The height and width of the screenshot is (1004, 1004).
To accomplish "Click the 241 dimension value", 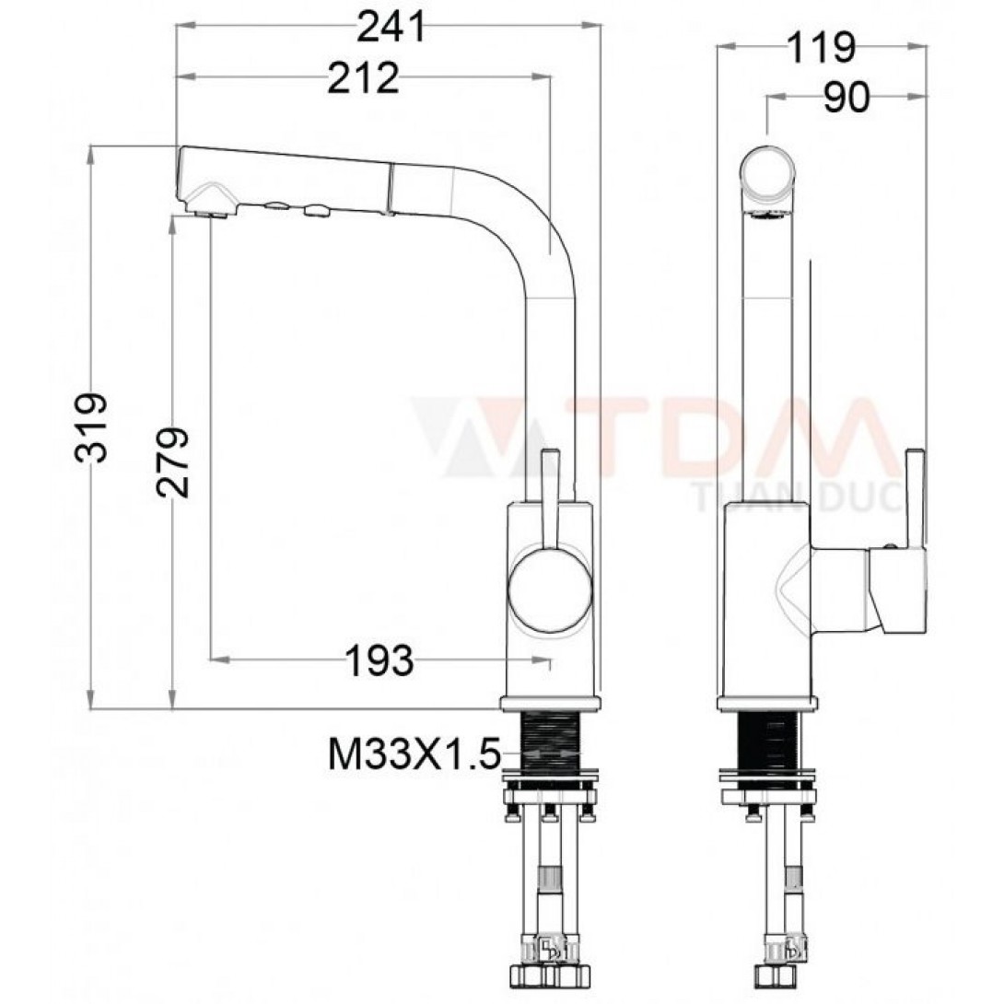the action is tap(391, 27).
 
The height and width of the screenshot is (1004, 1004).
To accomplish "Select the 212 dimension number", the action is tap(363, 78).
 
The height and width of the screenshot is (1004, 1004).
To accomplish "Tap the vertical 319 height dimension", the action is tap(90, 427).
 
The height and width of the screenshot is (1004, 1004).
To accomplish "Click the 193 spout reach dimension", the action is tap(379, 660).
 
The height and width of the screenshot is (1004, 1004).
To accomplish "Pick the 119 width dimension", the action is tap(820, 47).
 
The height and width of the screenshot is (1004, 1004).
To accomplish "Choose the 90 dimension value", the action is tap(846, 98).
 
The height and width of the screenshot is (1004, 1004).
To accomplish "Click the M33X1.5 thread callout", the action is tap(413, 755).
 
